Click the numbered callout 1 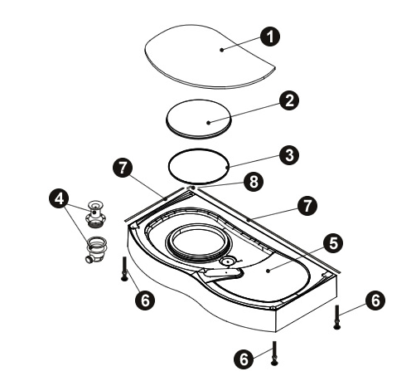(x=270, y=37)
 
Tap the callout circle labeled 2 (x=289, y=100)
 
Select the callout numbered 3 (x=289, y=155)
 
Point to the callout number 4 (x=60, y=198)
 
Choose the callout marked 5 (x=333, y=243)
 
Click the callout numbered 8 (x=254, y=182)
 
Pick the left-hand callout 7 (x=123, y=168)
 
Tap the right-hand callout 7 (x=307, y=206)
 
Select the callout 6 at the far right (x=375, y=301)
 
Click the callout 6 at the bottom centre (x=244, y=359)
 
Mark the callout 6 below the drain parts (x=145, y=300)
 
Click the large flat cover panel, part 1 (x=210, y=56)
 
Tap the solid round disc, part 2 (x=198, y=119)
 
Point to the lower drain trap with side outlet (x=96, y=250)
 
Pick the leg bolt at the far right (x=336, y=317)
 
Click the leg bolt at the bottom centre (x=274, y=353)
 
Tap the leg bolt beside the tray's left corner (x=124, y=269)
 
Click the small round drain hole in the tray (x=228, y=261)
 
